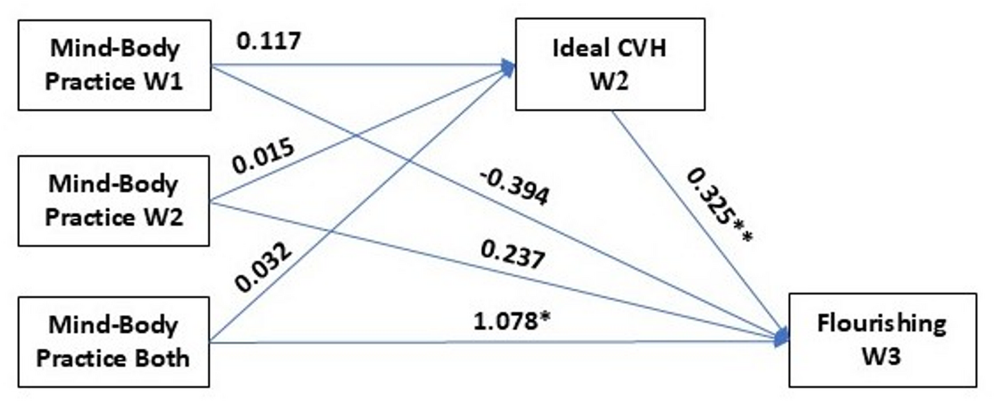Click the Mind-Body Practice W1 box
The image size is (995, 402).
(114, 66)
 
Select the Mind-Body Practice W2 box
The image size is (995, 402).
(114, 201)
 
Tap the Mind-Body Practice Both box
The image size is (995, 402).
(114, 341)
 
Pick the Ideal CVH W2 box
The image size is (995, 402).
(610, 64)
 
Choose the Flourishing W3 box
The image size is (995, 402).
(883, 339)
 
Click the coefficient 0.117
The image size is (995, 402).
(269, 41)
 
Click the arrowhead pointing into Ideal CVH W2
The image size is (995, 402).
(510, 67)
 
